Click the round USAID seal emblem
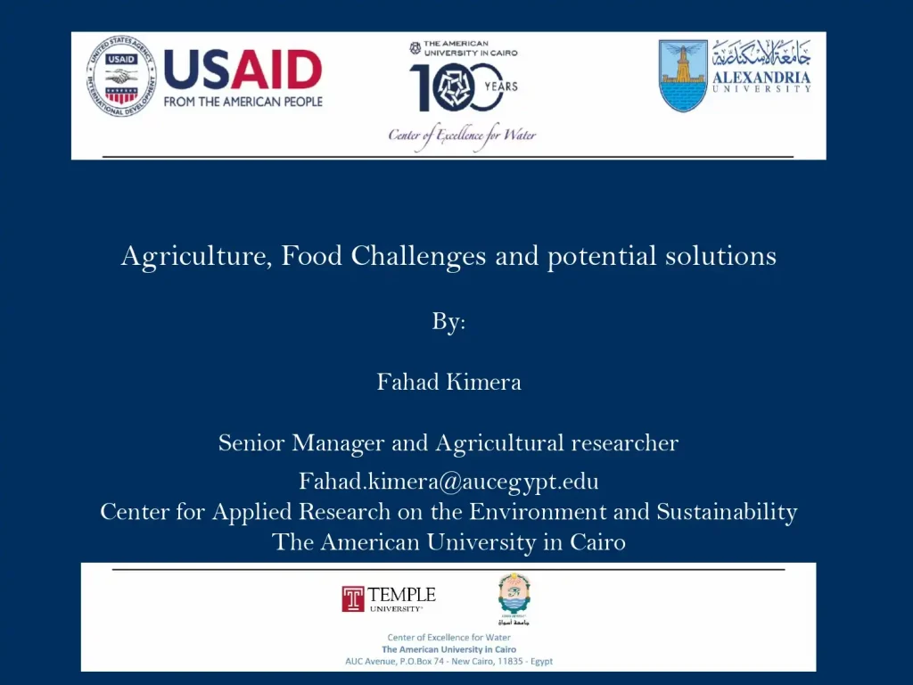click(x=119, y=78)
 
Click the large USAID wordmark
click(x=243, y=70)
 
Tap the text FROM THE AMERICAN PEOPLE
click(x=243, y=102)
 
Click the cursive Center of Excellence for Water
click(x=462, y=136)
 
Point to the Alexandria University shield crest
click(x=683, y=76)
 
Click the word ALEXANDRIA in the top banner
click(x=761, y=78)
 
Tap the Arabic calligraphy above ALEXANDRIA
click(x=761, y=54)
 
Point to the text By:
click(x=448, y=322)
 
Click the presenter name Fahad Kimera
click(x=448, y=383)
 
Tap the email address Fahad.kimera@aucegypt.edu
click(x=448, y=482)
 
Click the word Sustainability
click(x=727, y=512)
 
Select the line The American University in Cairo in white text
click(x=448, y=541)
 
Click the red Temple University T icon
click(x=353, y=598)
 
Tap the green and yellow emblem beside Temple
click(x=514, y=597)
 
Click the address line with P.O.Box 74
click(x=448, y=661)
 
